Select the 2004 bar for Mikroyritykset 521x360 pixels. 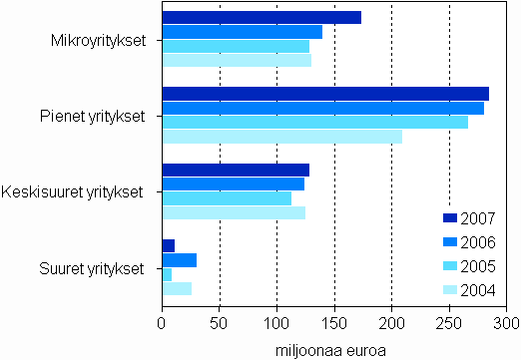237,60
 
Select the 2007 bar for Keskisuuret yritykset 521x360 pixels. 236,170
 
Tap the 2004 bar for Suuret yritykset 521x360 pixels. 177,288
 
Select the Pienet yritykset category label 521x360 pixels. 94,116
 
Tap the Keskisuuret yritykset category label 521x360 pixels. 74,191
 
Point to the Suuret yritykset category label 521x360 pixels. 92,267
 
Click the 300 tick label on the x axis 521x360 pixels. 507,324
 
